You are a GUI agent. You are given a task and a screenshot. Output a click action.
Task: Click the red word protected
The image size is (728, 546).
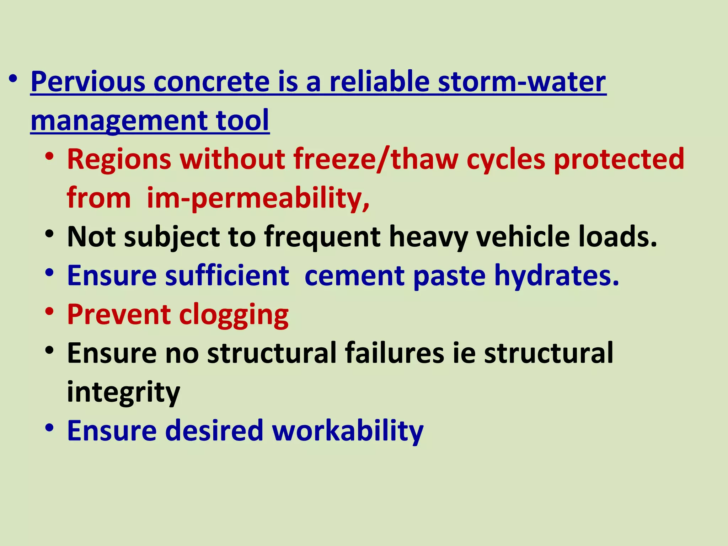click(619, 159)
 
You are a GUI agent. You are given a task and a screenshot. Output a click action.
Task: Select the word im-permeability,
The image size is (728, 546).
click(258, 198)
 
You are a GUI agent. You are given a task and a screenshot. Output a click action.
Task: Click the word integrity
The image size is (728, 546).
click(123, 392)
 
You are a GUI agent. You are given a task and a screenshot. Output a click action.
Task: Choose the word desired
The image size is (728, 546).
click(214, 430)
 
